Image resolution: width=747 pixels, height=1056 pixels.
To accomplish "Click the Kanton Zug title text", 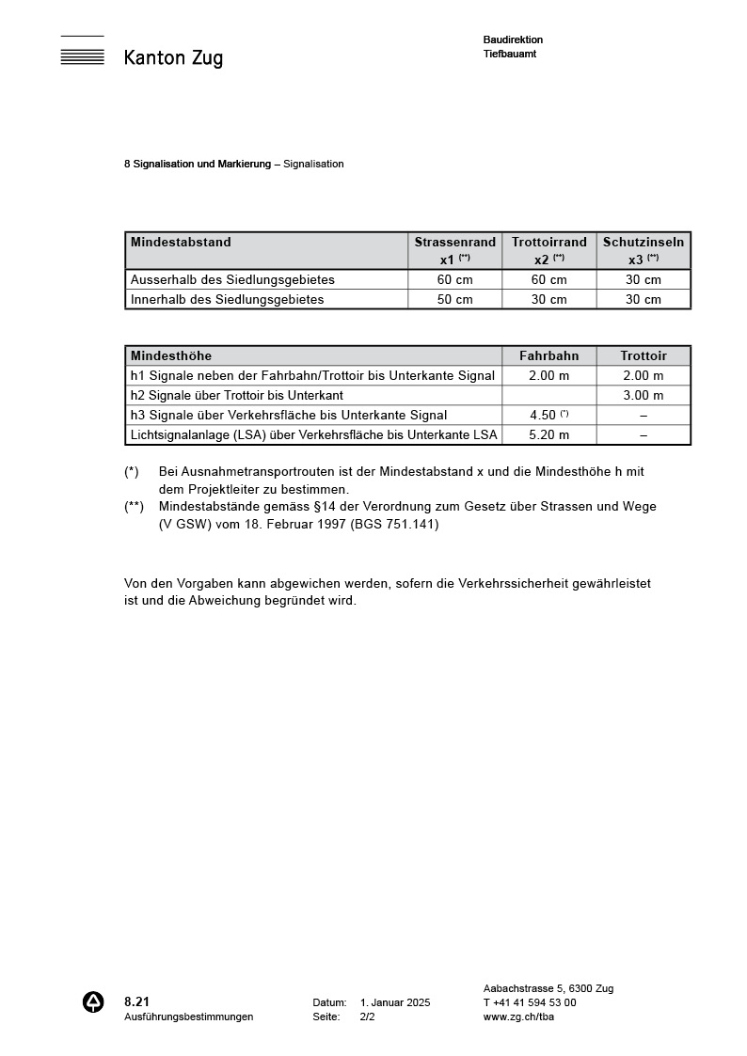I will [173, 58].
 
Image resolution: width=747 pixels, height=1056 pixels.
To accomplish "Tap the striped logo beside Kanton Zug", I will [82, 51].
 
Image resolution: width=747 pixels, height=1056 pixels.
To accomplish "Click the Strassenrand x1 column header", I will [454, 250].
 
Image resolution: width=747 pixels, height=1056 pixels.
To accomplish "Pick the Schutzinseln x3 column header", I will [644, 250].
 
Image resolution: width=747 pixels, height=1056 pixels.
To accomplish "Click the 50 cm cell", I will [455, 299].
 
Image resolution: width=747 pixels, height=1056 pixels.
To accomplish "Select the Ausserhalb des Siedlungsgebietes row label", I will [232, 279].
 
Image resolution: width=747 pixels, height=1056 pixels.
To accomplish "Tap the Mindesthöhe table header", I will [171, 355].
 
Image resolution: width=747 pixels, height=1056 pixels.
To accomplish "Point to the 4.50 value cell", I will [548, 415].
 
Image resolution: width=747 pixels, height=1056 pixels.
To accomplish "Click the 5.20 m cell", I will [549, 434].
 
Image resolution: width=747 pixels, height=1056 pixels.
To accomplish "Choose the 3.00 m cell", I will [644, 395].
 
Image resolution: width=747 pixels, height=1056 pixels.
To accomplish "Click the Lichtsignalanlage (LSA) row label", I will [313, 434].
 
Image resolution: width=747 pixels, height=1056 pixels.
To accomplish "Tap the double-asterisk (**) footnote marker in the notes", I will [134, 506].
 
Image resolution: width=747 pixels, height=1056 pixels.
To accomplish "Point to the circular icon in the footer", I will [93, 1002].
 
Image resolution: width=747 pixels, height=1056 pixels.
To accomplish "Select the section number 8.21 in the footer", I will [136, 1001].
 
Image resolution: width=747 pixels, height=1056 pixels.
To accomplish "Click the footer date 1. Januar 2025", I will [394, 1002].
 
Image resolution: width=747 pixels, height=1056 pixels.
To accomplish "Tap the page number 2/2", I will [367, 1017].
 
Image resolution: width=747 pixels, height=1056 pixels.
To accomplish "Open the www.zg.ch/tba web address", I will [517, 1017].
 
